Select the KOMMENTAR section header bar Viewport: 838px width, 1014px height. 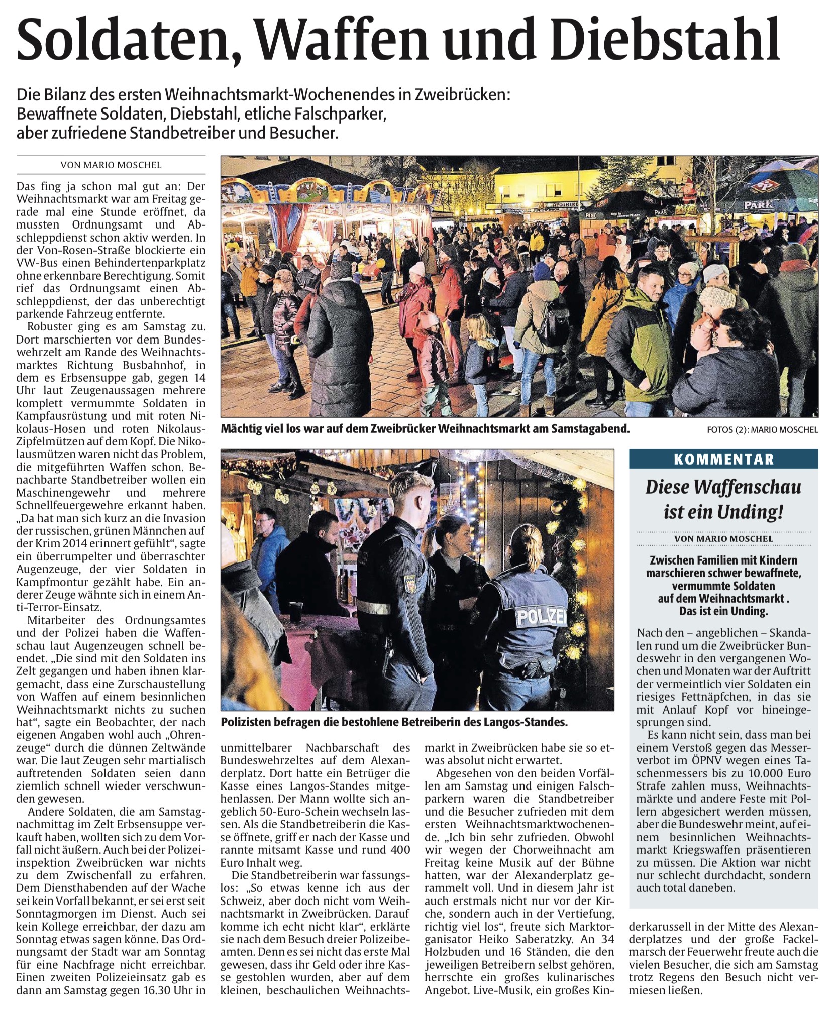click(x=723, y=459)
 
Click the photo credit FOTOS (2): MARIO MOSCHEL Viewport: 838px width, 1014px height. click(x=762, y=430)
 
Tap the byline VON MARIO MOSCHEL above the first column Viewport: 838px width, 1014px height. click(x=111, y=165)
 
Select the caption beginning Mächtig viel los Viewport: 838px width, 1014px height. click(x=425, y=429)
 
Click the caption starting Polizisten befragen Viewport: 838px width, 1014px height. click(x=394, y=723)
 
